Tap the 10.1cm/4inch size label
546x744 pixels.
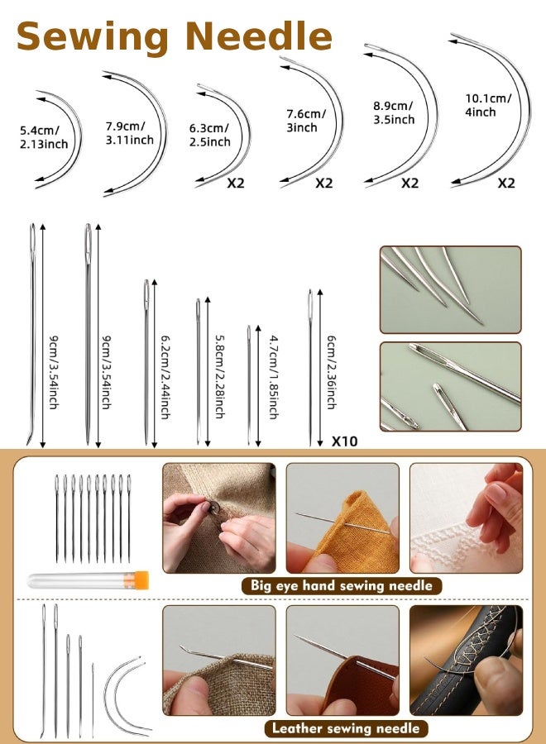coord(488,105)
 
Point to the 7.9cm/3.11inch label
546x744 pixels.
coord(129,132)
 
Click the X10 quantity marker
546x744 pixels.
coord(344,441)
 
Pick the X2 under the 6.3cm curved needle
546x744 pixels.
coord(236,184)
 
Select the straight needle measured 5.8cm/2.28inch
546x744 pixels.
coord(198,372)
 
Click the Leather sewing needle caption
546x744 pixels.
coord(347,728)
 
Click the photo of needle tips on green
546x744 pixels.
coord(451,289)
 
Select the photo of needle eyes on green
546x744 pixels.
coord(451,386)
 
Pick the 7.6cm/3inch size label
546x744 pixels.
coord(306,121)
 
